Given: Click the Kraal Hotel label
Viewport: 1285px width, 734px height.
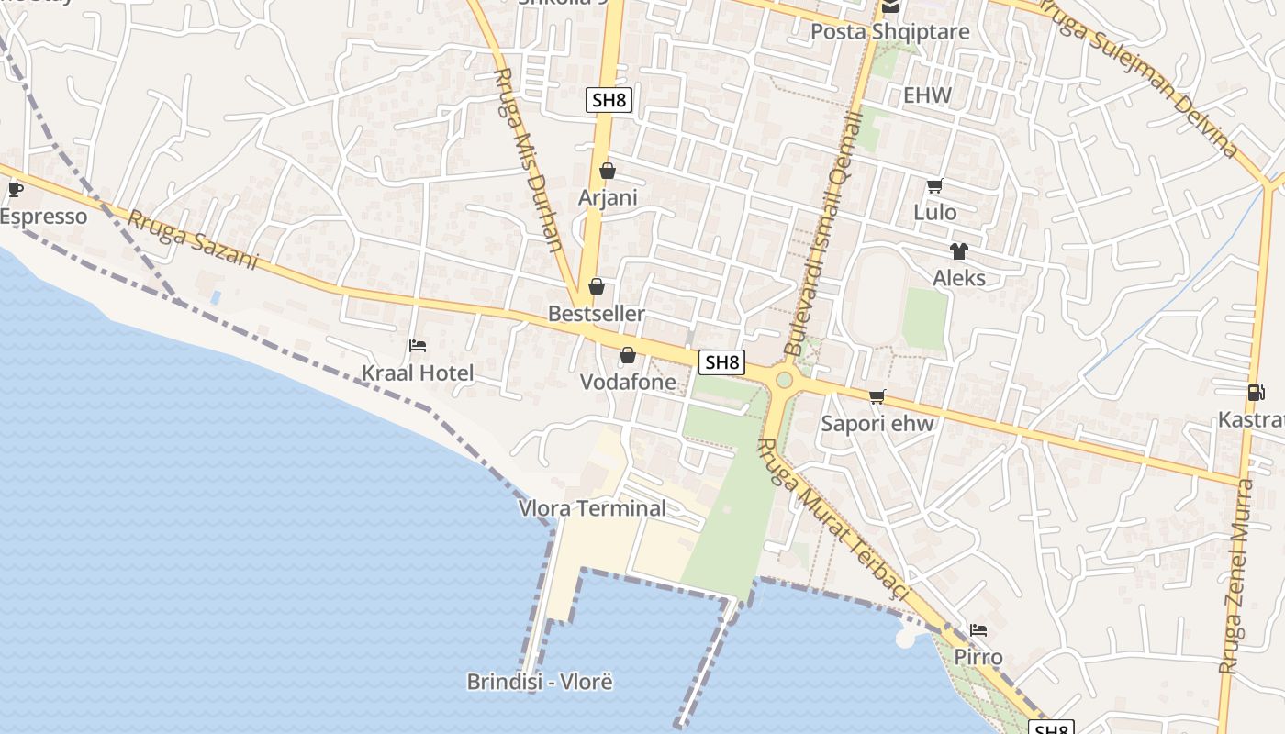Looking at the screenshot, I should point(418,373).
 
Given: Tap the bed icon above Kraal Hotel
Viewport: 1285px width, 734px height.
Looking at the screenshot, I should point(418,346).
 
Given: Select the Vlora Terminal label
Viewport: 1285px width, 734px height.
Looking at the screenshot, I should point(592,508).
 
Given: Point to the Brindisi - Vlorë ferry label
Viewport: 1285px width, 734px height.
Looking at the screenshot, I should point(540,682).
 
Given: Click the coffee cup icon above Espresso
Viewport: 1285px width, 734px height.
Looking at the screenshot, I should point(15,189).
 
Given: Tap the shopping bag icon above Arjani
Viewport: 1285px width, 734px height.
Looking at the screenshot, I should point(607,171).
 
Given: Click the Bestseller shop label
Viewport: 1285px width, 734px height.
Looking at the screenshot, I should point(596,314).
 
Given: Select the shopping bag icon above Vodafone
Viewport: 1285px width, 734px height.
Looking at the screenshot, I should point(628,355).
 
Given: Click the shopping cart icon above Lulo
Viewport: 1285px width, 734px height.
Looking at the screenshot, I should point(934,186).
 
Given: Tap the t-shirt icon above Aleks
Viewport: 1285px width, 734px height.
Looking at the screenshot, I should point(959,251).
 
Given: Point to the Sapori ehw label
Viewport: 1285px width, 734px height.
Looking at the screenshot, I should point(877,423).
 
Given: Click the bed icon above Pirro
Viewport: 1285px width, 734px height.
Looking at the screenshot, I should point(978,630).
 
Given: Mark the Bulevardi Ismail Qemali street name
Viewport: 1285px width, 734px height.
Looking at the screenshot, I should point(823,234).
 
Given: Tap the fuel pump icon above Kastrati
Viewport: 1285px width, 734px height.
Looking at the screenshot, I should point(1256,393).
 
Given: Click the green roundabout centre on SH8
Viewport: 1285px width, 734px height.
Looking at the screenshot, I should point(784,380).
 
